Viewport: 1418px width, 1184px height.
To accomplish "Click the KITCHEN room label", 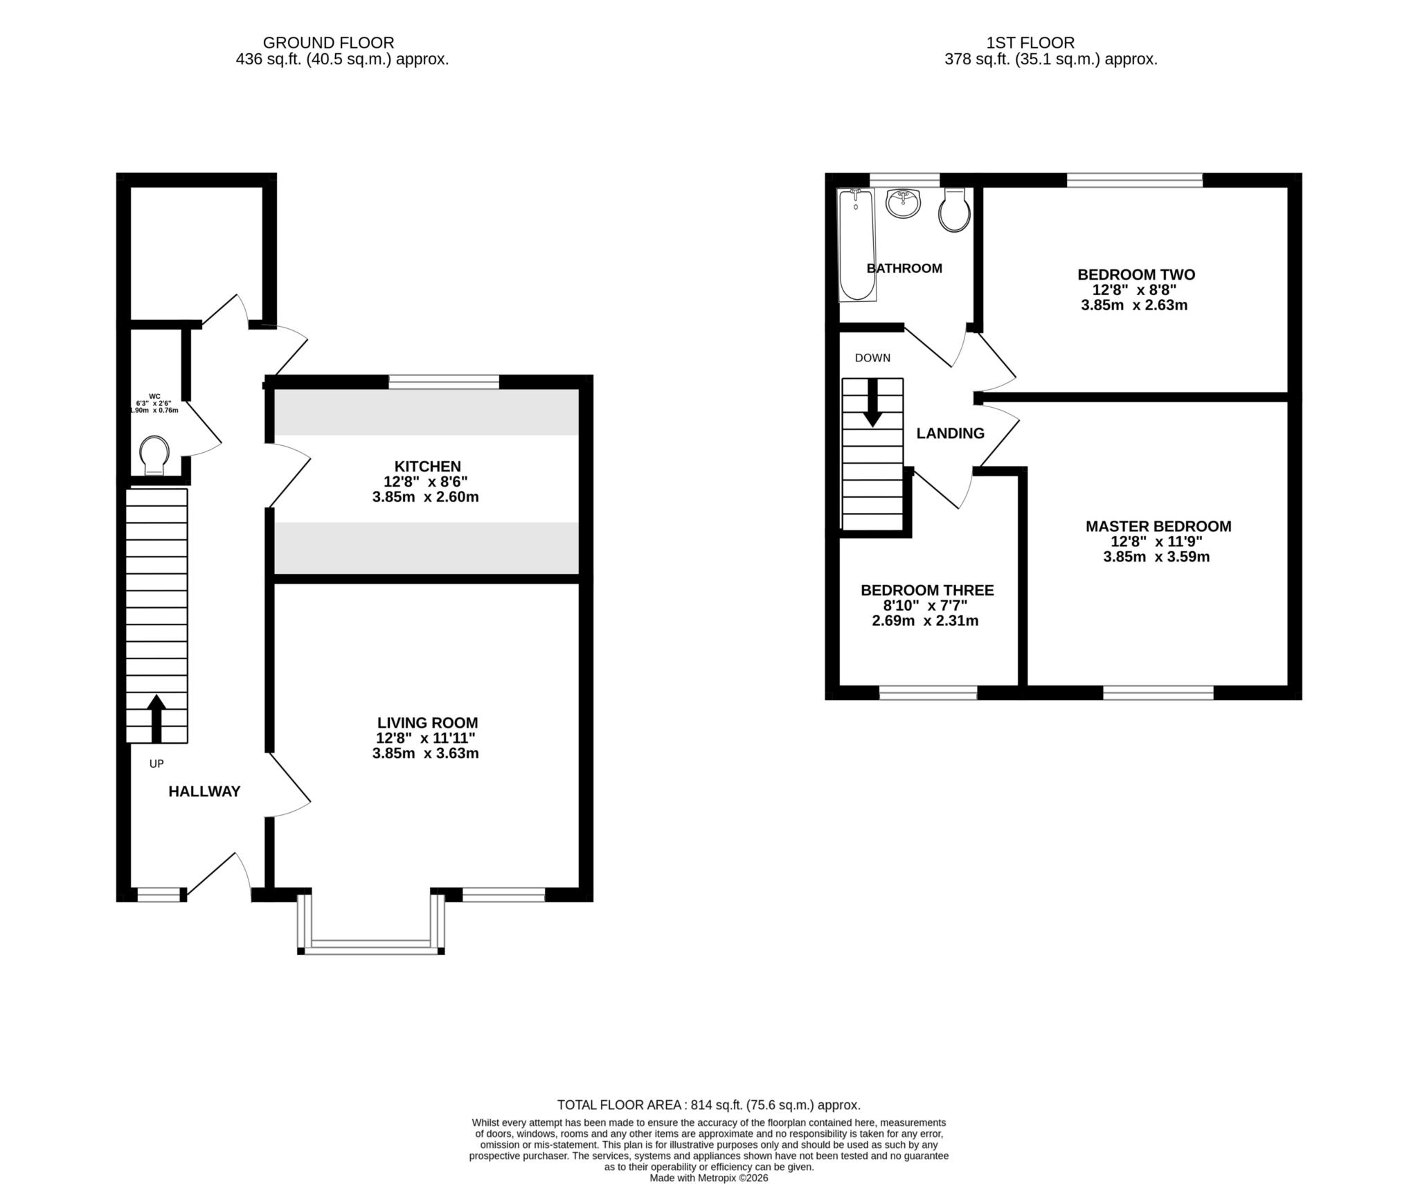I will [427, 467].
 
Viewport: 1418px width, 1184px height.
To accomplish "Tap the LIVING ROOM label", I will [427, 723].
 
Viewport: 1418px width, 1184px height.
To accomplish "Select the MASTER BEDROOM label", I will [1158, 526].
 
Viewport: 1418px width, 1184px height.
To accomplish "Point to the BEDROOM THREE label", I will [926, 591].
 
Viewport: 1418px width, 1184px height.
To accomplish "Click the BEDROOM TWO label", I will [1136, 275].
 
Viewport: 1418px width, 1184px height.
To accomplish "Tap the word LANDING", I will [950, 433].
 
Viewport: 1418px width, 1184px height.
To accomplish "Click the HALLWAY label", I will [204, 791].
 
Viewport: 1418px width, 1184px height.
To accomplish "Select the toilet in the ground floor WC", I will [154, 455].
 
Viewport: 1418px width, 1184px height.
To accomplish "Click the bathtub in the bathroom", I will [857, 246].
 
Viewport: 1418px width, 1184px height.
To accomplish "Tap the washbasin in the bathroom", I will [903, 204].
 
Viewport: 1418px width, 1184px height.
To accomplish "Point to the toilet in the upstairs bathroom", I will [953, 210].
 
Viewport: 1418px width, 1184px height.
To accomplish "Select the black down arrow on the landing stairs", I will [872, 402].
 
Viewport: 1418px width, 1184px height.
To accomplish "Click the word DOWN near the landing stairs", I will [872, 358].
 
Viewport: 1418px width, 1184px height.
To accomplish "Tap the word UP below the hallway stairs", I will [156, 764].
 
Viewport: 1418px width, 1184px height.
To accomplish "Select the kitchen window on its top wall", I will [444, 382].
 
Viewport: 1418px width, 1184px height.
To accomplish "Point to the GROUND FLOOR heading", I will [328, 43].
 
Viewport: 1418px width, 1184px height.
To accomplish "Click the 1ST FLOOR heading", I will [1030, 43].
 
